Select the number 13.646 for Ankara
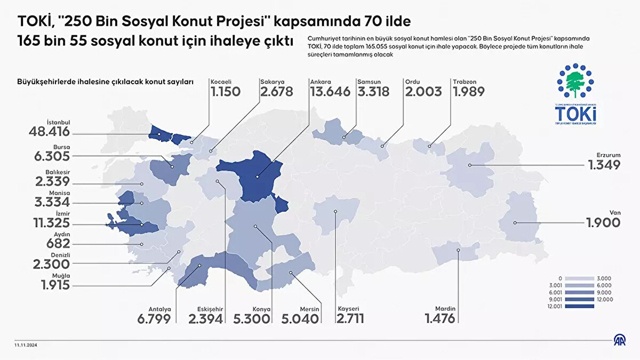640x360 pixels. click(x=330, y=91)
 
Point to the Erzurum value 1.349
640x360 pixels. click(x=604, y=165)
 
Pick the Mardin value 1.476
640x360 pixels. click(x=440, y=319)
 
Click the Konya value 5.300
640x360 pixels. click(x=252, y=319)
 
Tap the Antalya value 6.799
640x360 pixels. click(x=154, y=319)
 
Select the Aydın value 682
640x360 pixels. click(x=59, y=244)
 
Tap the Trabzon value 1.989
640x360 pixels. click(x=469, y=91)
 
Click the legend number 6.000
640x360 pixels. click(x=605, y=286)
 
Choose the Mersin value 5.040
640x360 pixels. click(x=302, y=319)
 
